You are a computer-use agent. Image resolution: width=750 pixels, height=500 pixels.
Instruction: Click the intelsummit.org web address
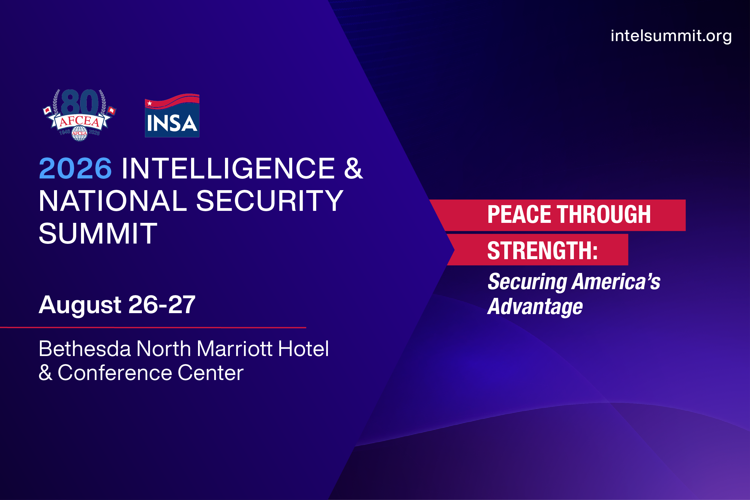click(671, 36)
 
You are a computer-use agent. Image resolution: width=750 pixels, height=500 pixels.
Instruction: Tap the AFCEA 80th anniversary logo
click(79, 115)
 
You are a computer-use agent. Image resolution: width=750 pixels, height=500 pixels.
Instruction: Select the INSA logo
click(172, 115)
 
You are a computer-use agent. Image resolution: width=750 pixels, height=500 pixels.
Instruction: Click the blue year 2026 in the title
click(75, 168)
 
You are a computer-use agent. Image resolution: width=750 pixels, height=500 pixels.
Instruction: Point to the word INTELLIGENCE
click(228, 168)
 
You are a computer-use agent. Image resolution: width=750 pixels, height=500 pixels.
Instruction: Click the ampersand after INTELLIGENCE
click(353, 168)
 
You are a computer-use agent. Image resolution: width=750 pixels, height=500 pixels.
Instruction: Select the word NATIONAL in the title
click(112, 201)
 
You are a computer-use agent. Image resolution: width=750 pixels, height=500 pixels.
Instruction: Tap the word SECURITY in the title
click(269, 201)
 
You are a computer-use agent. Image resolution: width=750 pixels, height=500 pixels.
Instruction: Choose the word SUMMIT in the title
click(98, 234)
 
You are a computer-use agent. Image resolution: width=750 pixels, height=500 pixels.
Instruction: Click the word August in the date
click(80, 305)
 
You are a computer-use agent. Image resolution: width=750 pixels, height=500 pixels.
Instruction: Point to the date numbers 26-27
click(162, 305)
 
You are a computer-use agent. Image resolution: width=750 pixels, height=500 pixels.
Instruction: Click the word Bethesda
click(85, 349)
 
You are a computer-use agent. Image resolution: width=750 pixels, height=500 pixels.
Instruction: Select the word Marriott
click(235, 349)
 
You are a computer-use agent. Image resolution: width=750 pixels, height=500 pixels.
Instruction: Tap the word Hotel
click(303, 349)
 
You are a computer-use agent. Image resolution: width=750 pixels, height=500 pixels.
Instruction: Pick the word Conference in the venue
click(115, 373)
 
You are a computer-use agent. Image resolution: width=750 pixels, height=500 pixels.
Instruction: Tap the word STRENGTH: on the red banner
click(542, 251)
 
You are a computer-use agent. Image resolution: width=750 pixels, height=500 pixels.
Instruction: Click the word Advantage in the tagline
click(535, 307)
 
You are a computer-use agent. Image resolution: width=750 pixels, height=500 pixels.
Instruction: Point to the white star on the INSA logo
click(150, 103)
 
